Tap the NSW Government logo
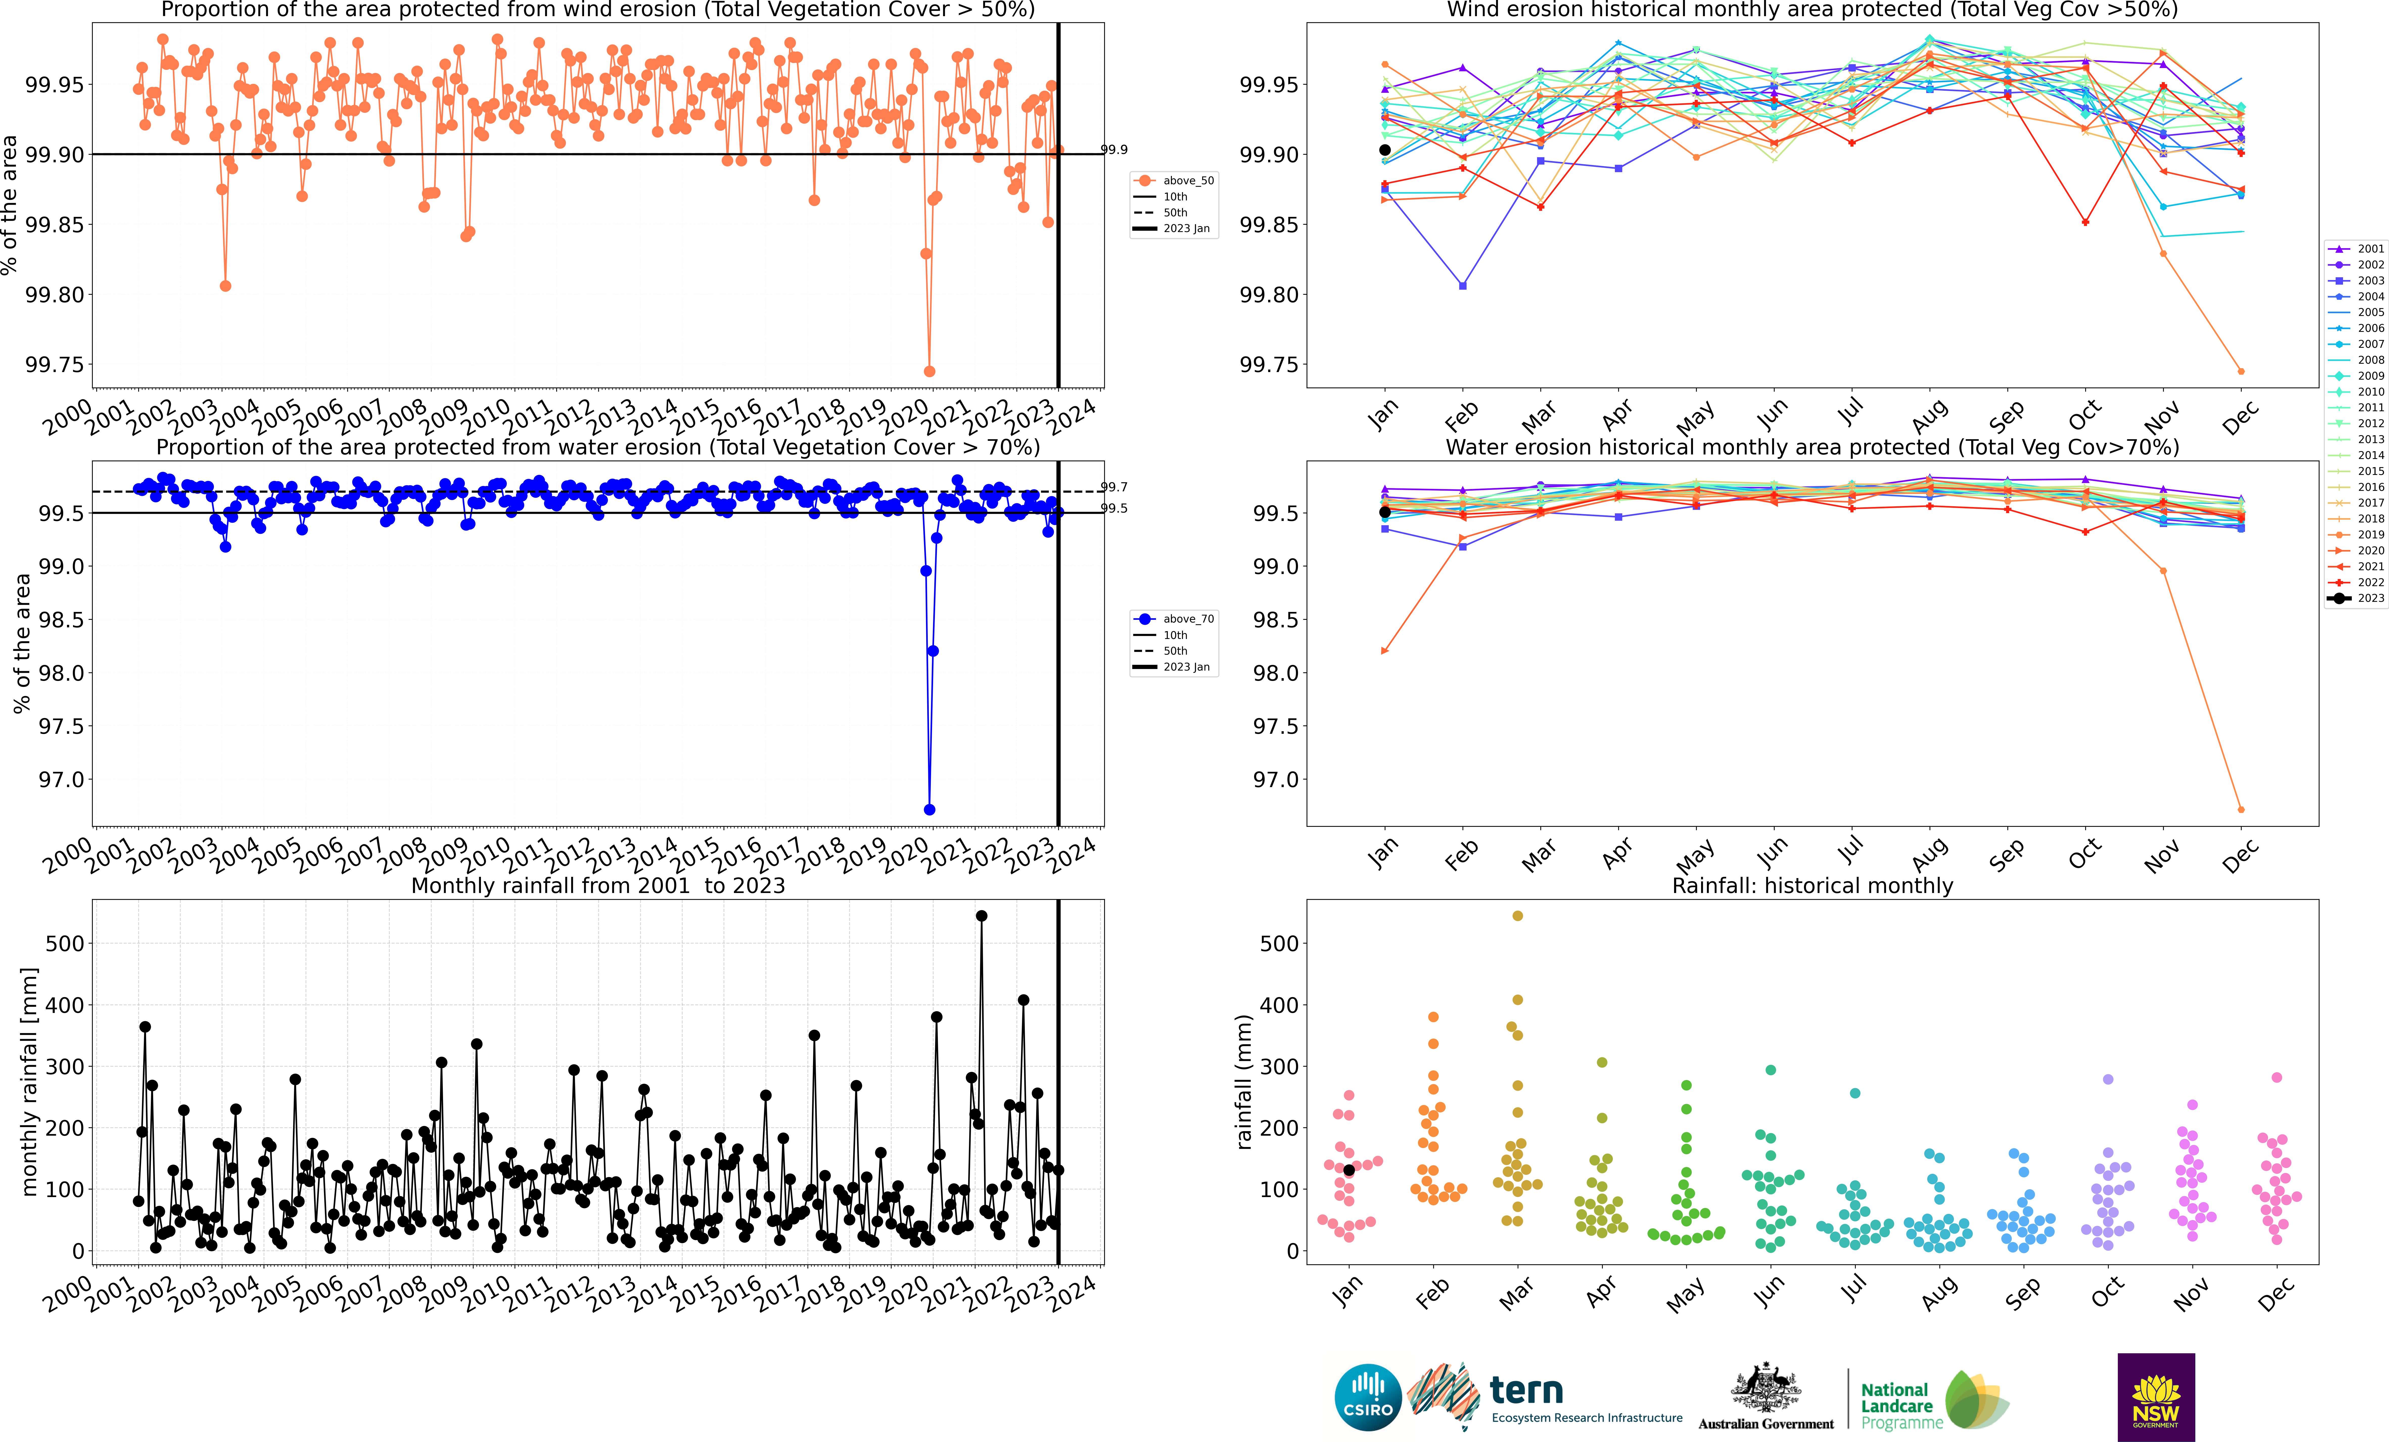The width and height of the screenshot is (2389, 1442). (2155, 1397)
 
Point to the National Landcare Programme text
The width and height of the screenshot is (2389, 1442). (1900, 1406)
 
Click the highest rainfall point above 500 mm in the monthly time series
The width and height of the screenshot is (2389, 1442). (981, 915)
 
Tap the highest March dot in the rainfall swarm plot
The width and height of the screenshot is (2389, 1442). (1517, 915)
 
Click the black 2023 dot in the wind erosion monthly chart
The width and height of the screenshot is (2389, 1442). (1384, 150)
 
